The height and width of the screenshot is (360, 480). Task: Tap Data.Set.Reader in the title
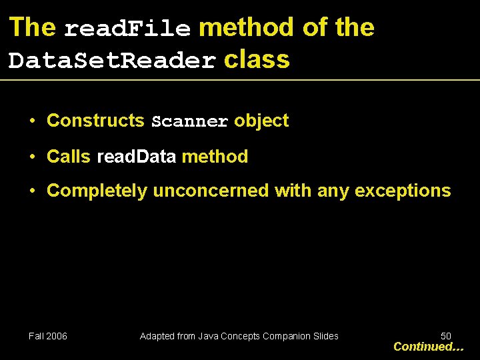[112, 61]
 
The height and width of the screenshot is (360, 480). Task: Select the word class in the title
[257, 59]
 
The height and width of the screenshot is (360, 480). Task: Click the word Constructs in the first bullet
[95, 121]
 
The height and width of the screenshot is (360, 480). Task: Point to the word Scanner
[189, 122]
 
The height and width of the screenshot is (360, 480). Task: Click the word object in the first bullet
[261, 121]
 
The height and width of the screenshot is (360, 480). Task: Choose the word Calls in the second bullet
[68, 157]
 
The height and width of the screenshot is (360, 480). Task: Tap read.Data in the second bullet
[137, 157]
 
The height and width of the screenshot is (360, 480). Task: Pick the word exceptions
[403, 191]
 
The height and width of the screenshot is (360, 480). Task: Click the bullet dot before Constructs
[32, 121]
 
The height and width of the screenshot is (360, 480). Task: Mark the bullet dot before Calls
[32, 157]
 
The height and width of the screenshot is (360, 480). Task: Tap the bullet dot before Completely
[32, 191]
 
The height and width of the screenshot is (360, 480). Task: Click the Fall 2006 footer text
[48, 336]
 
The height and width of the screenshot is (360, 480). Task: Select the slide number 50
[446, 336]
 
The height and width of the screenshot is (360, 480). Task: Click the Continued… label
[428, 347]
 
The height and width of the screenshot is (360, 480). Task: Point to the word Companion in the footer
[285, 336]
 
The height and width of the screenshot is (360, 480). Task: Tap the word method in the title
[246, 27]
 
